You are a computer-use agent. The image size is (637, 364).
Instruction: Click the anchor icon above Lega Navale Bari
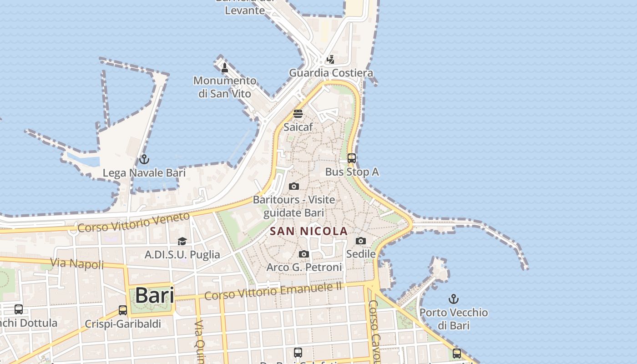144,159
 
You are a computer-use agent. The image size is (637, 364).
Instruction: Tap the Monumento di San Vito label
225,87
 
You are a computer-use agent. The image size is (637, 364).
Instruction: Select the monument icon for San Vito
224,68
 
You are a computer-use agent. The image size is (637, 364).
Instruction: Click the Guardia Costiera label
331,73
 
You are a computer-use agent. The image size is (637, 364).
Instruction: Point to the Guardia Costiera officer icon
331,59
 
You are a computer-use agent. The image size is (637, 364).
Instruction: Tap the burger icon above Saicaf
298,113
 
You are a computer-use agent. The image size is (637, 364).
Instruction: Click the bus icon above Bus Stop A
352,158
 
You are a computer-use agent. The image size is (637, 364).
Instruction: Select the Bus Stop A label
352,172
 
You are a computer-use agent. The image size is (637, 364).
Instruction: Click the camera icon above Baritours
294,186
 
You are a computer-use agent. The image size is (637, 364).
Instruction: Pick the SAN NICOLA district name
308,231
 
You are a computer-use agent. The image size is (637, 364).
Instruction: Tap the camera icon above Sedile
361,241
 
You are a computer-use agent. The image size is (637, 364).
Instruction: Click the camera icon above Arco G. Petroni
304,254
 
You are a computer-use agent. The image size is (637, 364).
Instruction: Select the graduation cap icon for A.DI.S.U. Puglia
182,241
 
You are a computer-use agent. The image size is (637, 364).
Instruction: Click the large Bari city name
155,295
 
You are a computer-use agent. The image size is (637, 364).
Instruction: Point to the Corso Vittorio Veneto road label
133,222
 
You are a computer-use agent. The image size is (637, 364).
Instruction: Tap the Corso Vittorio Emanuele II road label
273,291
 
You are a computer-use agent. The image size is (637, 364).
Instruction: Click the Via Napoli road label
77,263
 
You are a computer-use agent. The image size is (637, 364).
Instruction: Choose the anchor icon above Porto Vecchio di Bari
453,299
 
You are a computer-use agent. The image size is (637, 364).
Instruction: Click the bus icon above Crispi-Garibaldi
123,310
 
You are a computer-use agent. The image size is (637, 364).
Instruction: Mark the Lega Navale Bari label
144,173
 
